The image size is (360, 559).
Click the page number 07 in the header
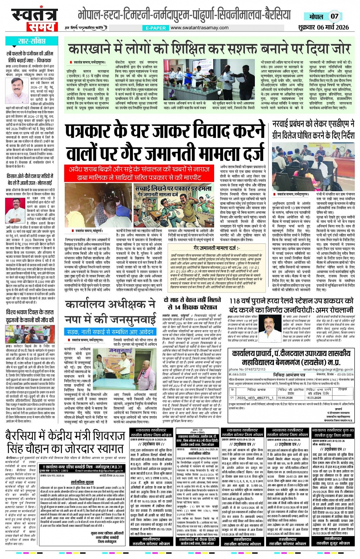pos(334,16)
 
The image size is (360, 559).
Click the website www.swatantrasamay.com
pos(199,28)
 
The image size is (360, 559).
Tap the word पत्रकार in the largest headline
pos(102,132)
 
